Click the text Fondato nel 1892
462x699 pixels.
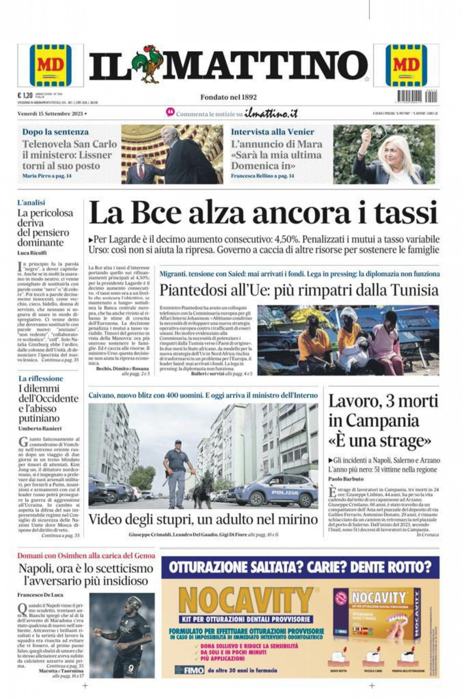click(228, 97)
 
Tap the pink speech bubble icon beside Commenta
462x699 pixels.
click(170, 112)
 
